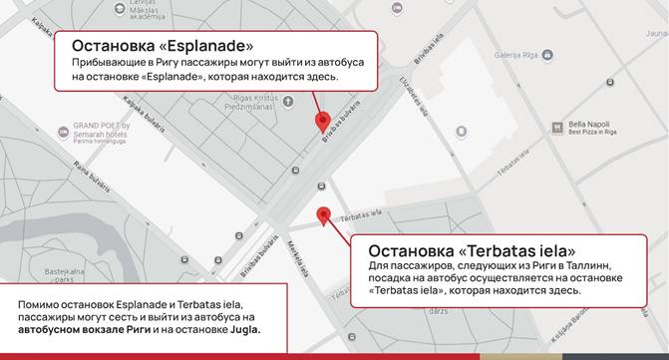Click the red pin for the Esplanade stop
click(322, 123)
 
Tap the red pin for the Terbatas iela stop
click(323, 214)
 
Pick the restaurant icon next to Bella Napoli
click(557, 127)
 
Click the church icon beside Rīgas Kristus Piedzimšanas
click(287, 101)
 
